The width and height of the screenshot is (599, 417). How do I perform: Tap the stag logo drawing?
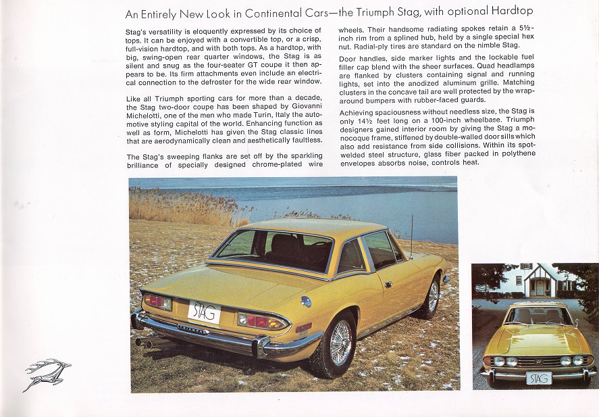click(47, 374)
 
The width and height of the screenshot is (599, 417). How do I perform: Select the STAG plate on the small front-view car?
click(538, 378)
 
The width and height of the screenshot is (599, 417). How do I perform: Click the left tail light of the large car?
click(158, 301)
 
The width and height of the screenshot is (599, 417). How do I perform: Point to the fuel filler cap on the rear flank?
click(306, 301)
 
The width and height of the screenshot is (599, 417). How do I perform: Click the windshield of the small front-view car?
click(538, 316)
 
